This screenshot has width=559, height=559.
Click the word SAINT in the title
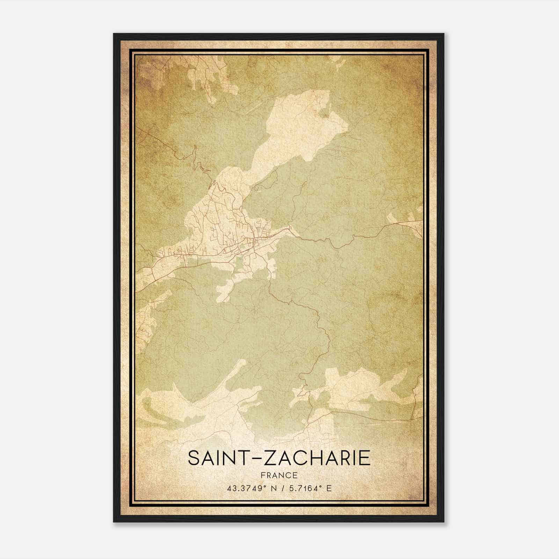click(x=218, y=458)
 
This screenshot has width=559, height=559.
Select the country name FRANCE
click(x=279, y=475)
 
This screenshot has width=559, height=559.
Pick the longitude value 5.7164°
click(x=304, y=488)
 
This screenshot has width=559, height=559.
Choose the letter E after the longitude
click(x=329, y=488)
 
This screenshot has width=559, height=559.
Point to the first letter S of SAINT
click(x=194, y=458)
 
